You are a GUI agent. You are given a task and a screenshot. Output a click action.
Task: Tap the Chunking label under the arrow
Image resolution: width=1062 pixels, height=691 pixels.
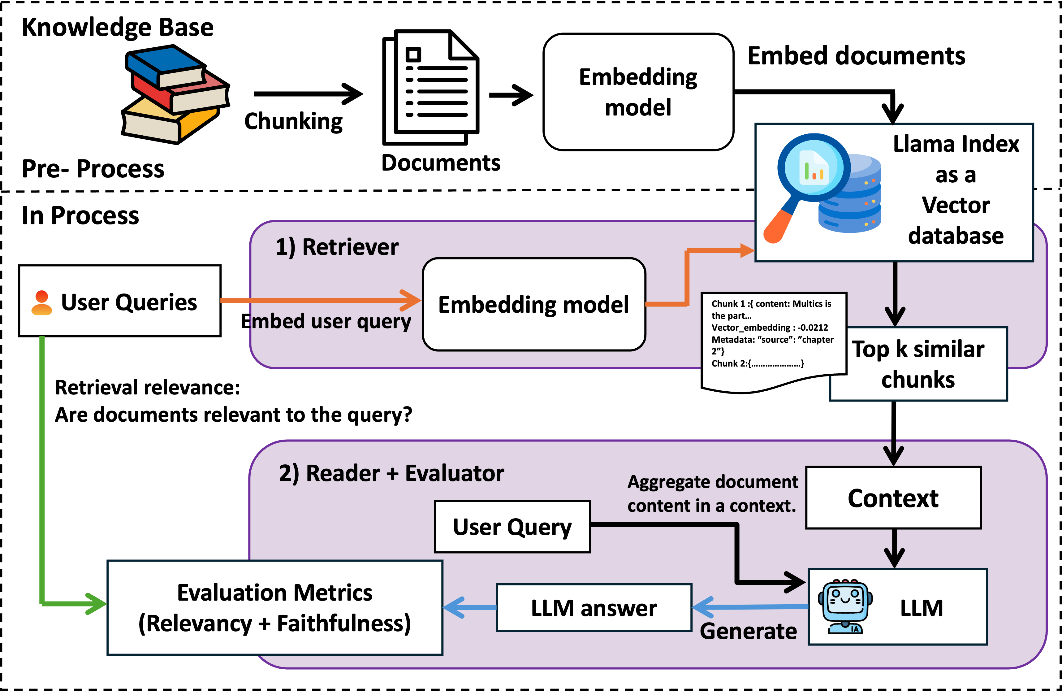pos(293,121)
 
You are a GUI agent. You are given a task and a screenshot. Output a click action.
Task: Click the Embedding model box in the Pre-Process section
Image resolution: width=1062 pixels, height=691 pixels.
pos(638,92)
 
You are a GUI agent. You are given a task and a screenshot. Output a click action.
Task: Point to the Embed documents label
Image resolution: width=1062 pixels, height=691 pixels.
pos(856,56)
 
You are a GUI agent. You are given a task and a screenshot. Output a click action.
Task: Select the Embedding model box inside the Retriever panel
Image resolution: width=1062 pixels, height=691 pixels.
pos(534,304)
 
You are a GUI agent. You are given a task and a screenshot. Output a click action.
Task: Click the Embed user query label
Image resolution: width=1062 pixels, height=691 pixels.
pos(326,321)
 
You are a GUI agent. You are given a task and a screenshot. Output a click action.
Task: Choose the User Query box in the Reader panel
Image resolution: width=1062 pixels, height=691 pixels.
pos(512,527)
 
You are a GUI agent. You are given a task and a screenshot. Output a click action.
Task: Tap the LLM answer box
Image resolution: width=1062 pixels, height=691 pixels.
pos(594,607)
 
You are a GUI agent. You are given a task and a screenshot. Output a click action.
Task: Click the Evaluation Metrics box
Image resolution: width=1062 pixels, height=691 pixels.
pos(275,607)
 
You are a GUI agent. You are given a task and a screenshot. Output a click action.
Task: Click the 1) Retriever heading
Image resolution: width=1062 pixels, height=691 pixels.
pos(337,247)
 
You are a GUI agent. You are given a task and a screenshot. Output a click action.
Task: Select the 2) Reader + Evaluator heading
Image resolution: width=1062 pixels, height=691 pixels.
pos(391,473)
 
